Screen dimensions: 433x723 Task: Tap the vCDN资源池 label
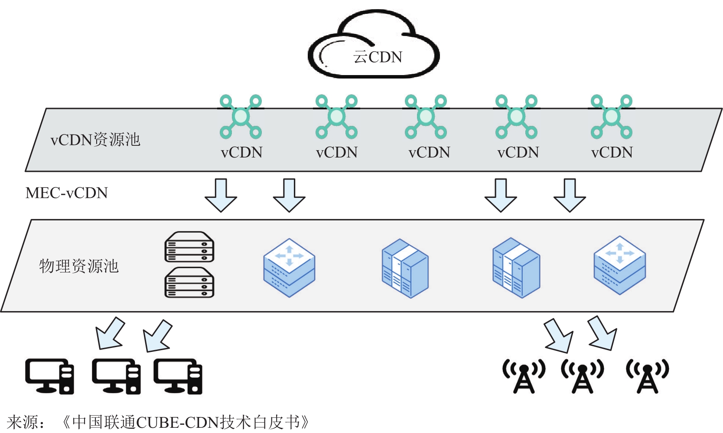pos(95,140)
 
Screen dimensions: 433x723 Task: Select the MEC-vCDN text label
pos(67,193)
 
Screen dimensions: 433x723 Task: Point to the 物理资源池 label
pos(79,266)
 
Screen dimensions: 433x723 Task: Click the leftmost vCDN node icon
pos(241,117)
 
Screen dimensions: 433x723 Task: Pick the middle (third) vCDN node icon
pos(426,117)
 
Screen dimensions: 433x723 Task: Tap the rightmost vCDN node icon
pos(612,117)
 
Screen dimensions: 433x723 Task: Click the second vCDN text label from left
pos(337,152)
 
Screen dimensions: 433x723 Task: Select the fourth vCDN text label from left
pos(518,152)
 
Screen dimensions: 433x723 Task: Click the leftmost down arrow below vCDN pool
pos(221,195)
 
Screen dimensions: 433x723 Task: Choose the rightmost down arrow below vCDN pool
pos(570,195)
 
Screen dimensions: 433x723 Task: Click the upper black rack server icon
pos(189,247)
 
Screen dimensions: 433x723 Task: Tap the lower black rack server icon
pos(189,282)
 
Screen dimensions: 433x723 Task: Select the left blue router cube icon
pos(289,267)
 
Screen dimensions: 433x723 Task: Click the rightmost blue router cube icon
pos(619,265)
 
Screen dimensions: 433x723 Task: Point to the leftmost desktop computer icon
pos(49,376)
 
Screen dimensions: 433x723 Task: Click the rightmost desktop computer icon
pos(178,376)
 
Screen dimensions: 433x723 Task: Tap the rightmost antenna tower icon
pos(647,376)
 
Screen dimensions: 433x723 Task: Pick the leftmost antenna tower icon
pos(524,376)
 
